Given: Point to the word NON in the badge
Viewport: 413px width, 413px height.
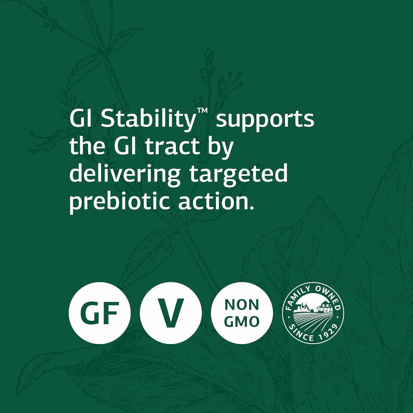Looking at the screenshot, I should click(242, 305).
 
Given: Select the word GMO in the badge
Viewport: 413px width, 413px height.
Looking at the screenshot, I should click(242, 322).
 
